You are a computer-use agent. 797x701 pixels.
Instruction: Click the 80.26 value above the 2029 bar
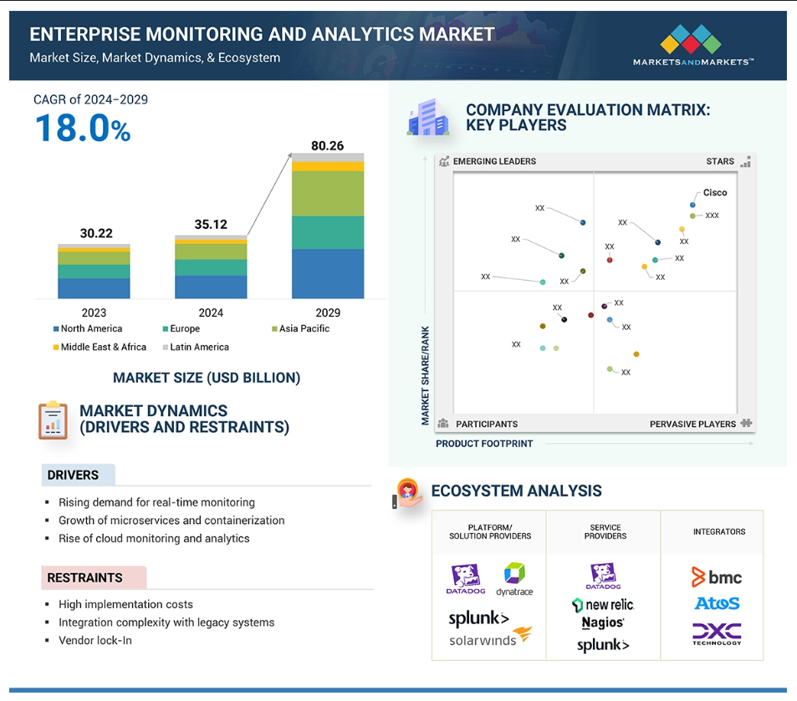[327, 145]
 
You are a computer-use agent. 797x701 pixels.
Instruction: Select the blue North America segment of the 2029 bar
[328, 274]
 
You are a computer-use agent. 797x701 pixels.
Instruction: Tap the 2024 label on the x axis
[211, 312]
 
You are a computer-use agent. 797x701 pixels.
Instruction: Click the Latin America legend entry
[196, 347]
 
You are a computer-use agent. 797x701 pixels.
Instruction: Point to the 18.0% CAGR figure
[83, 128]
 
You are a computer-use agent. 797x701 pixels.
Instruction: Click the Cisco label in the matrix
[715, 192]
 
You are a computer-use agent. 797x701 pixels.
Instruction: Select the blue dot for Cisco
[692, 205]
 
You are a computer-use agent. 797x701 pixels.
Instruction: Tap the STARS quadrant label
[720, 161]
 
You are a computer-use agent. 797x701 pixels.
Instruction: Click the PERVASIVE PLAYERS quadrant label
[692, 424]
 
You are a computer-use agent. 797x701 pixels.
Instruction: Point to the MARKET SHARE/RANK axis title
[425, 375]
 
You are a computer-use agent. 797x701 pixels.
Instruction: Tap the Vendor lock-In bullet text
[95, 641]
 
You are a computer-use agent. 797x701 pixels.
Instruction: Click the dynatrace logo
[514, 579]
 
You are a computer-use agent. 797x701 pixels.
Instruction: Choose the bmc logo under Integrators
[717, 577]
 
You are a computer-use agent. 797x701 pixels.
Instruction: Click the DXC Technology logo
[717, 634]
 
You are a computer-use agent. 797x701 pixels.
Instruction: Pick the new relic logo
[603, 605]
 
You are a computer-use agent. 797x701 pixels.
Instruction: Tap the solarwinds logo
[490, 638]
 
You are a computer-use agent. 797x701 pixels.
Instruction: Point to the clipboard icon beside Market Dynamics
[53, 420]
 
